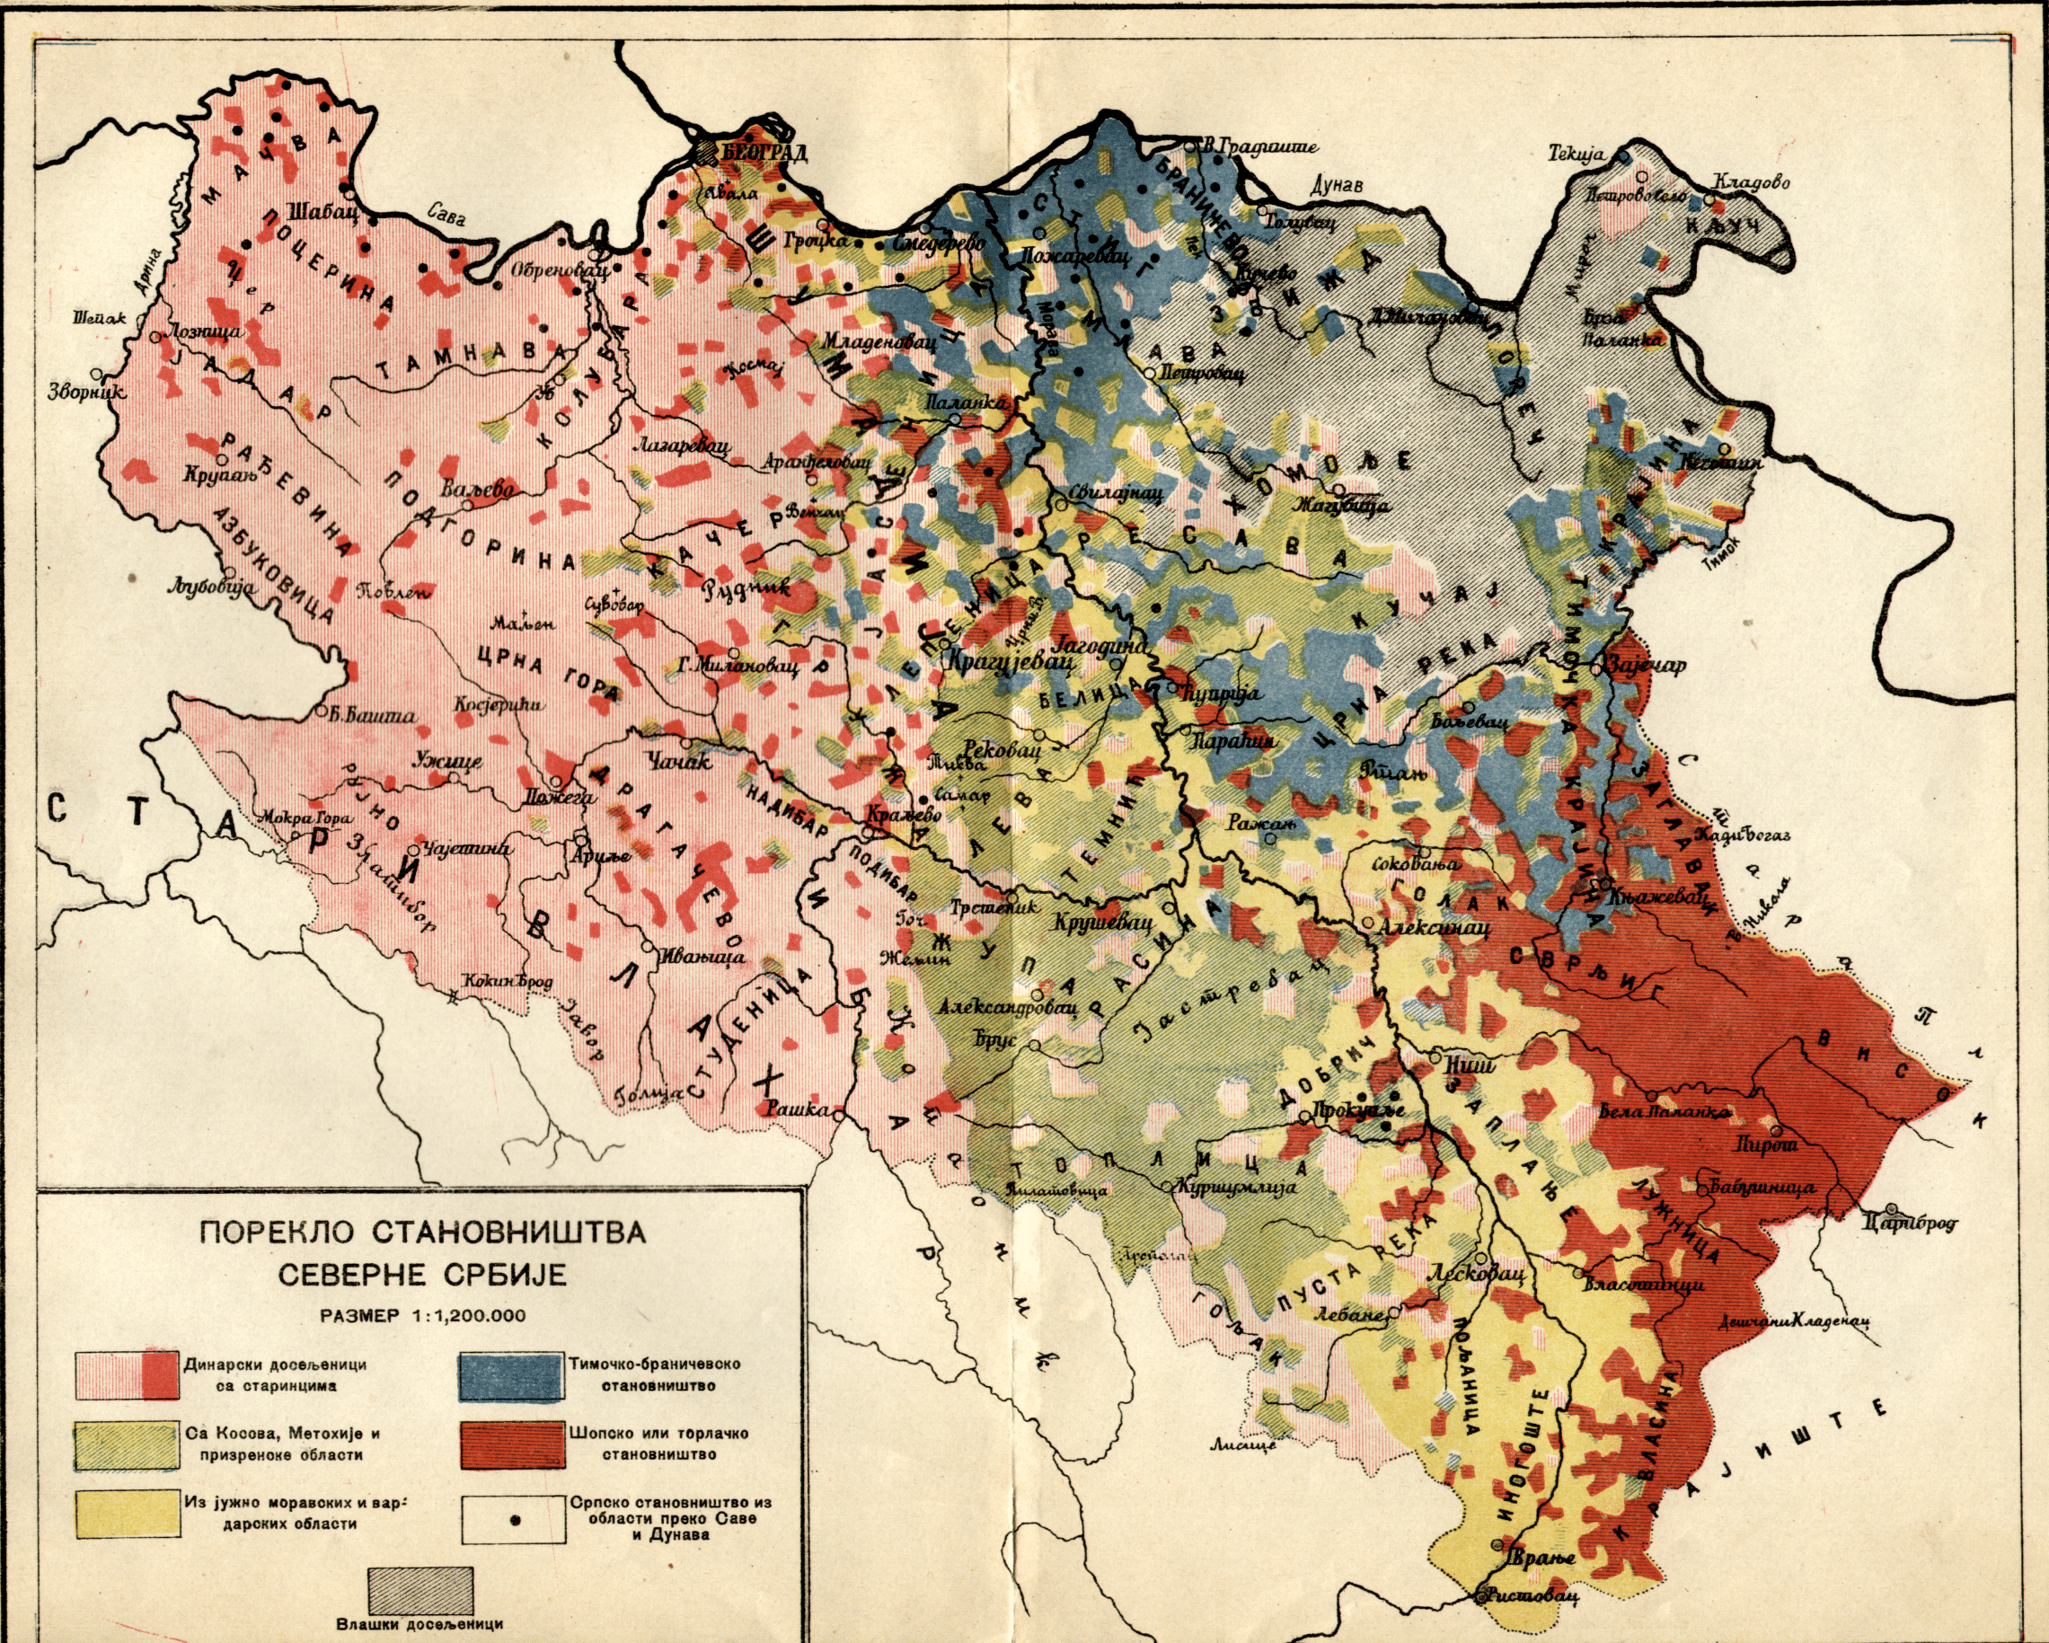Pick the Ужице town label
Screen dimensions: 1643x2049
click(x=448, y=761)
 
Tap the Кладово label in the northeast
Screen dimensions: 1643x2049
click(x=1752, y=182)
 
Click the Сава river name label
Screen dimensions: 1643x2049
click(x=446, y=216)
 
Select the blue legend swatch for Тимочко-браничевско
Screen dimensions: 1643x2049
click(x=509, y=1376)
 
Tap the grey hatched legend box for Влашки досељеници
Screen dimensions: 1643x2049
click(x=420, y=1590)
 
